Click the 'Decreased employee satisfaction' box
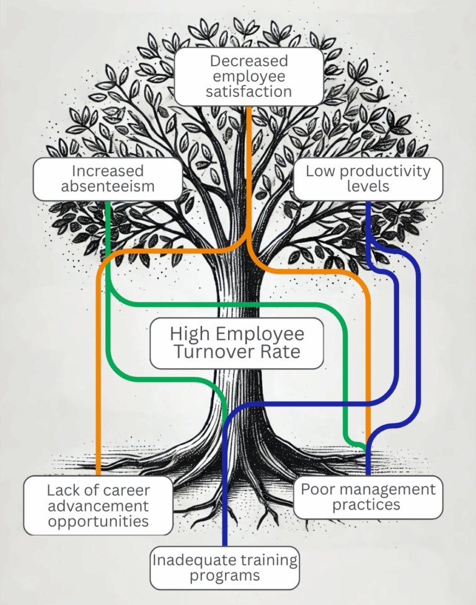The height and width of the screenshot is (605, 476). [x=249, y=76]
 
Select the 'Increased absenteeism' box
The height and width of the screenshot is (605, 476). [x=107, y=179]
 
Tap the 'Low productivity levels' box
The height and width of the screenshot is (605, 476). [x=368, y=179]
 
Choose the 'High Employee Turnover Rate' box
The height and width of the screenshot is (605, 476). [x=237, y=343]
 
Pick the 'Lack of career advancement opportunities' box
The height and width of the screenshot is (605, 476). [x=98, y=505]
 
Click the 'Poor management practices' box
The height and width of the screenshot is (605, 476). [x=368, y=497]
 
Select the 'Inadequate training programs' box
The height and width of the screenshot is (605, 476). [x=224, y=568]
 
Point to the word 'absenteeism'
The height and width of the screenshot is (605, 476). [x=107, y=187]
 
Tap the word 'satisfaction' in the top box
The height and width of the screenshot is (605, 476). [x=249, y=92]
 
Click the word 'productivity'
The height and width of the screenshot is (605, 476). [x=383, y=171]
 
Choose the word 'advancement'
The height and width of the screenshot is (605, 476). [x=98, y=506]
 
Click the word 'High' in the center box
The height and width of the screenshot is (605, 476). [x=188, y=334]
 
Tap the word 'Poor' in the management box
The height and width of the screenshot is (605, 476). [x=315, y=489]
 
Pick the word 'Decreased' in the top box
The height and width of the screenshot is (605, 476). [x=249, y=61]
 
